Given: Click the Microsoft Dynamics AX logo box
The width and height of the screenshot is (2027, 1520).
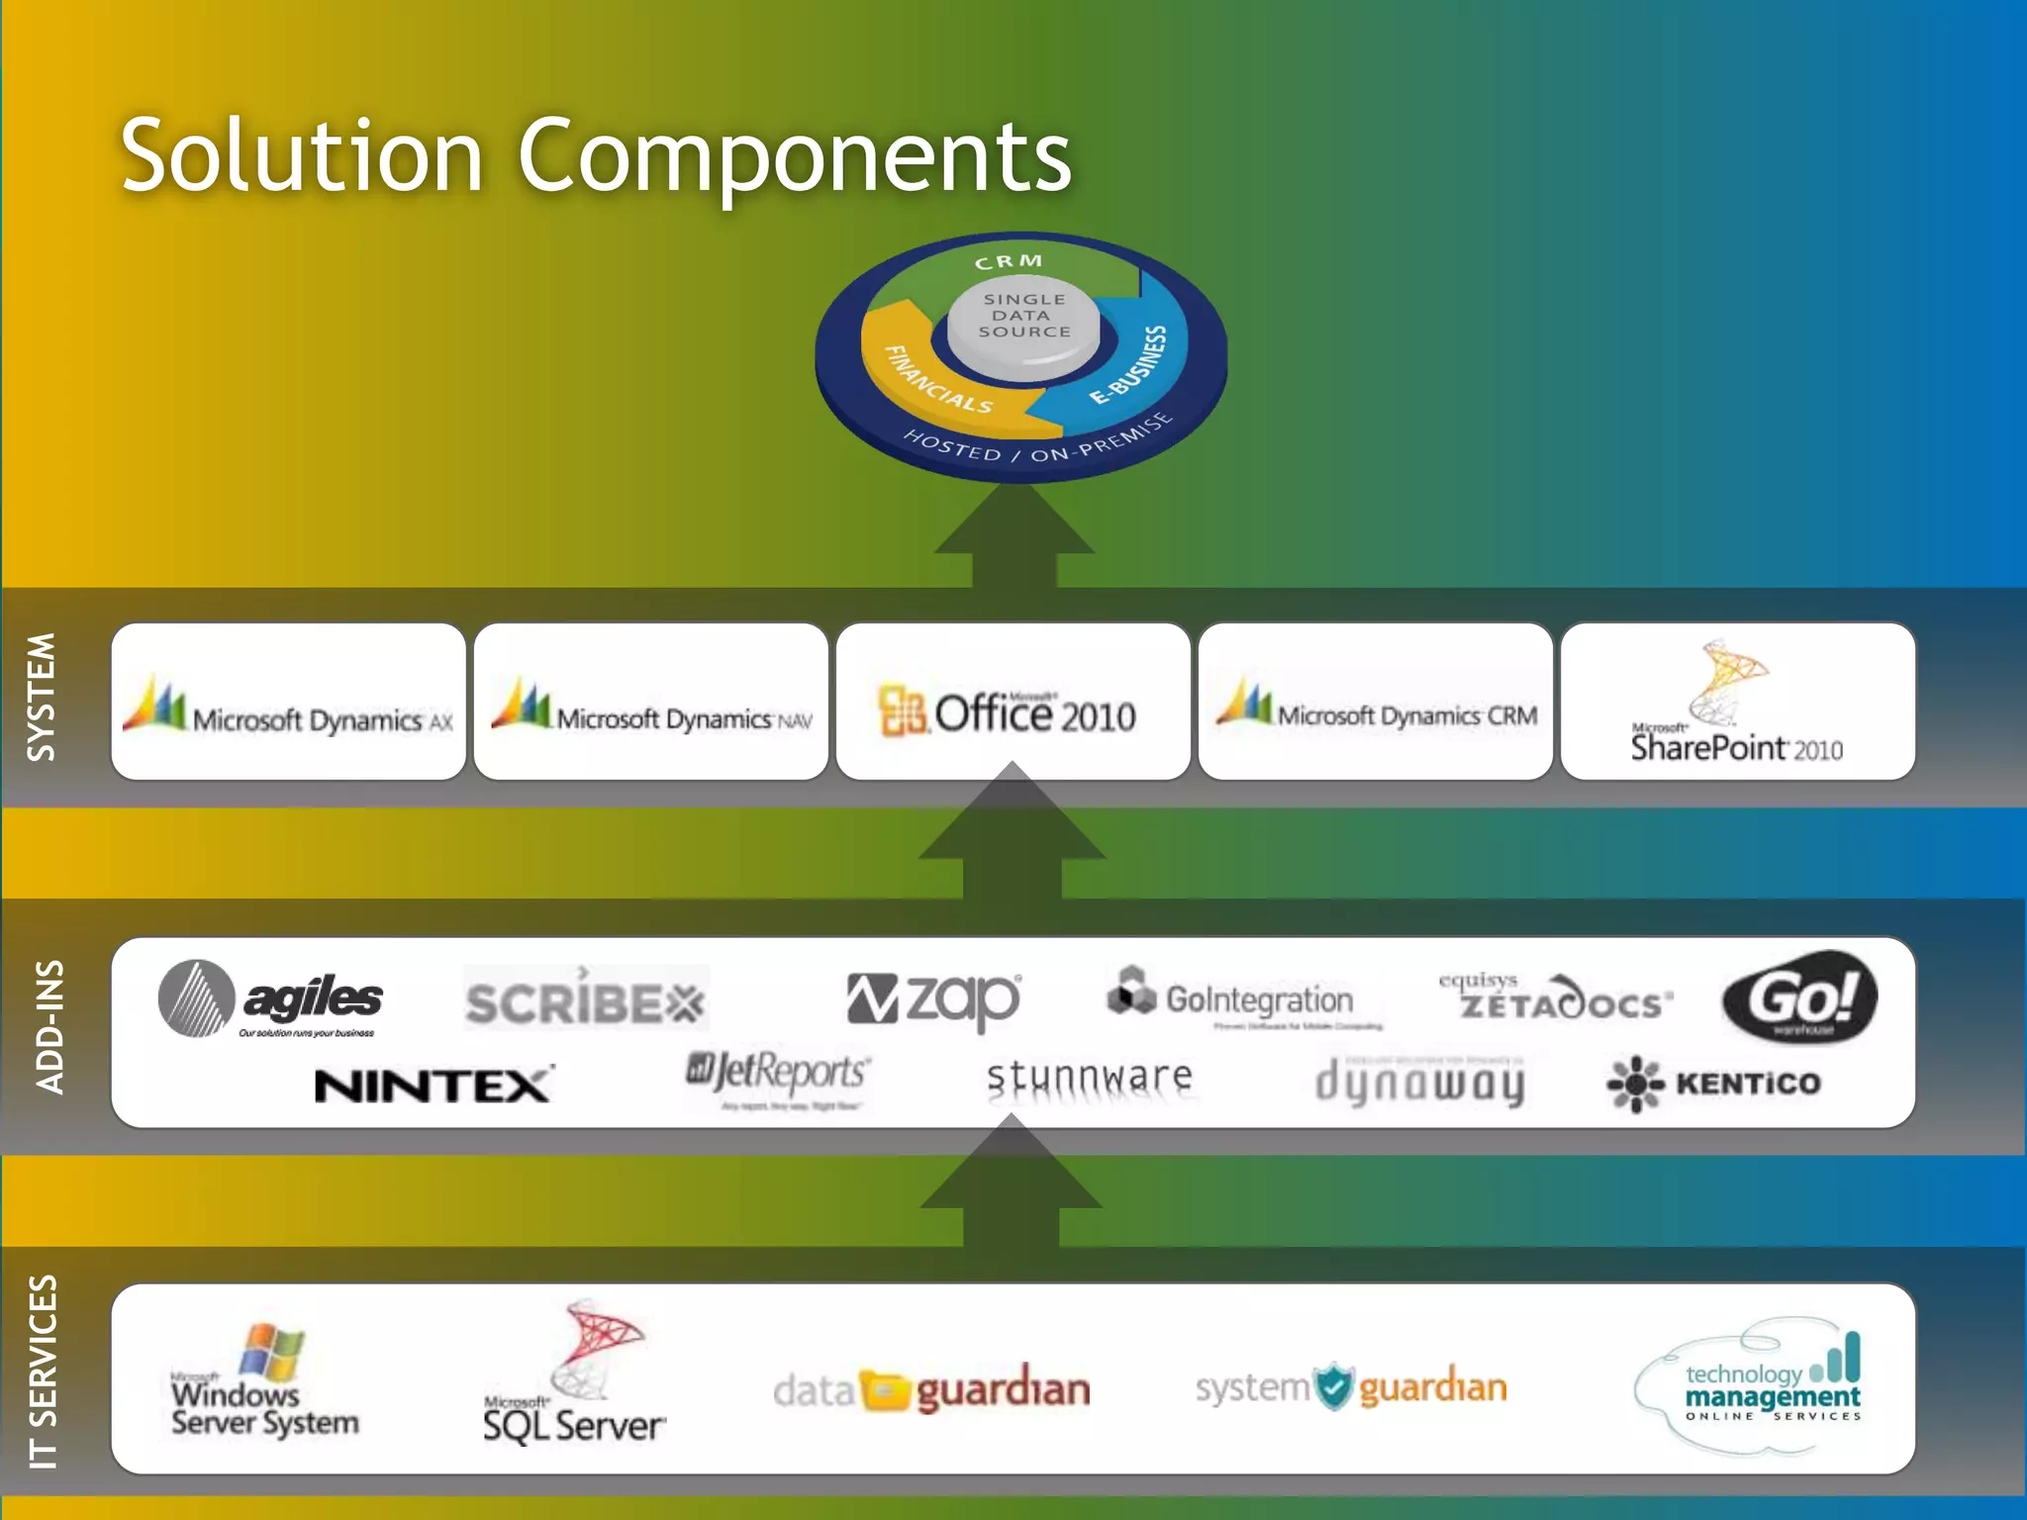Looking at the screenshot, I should point(288,702).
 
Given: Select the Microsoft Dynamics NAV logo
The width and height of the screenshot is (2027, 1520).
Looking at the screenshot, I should point(651,702).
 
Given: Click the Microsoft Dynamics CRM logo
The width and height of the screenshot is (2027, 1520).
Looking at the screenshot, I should point(1376,702).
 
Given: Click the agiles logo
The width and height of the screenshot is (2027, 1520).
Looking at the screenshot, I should point(270,999).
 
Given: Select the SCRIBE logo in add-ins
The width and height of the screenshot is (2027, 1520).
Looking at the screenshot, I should point(585,1000).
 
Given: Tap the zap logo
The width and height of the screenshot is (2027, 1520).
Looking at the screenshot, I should point(933,999).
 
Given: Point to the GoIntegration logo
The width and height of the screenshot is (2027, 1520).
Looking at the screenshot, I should point(1231,997).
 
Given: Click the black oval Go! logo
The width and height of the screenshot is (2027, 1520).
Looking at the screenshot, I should point(1798,997).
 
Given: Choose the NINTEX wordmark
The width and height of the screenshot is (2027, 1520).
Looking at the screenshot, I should point(433,1086).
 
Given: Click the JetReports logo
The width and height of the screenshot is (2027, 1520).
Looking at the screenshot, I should point(778,1075).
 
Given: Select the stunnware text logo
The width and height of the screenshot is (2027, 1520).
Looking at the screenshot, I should point(1089,1077).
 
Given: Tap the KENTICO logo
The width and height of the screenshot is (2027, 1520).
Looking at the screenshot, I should point(1713,1084).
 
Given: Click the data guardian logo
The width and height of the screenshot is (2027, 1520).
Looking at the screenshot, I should point(930,1389).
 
